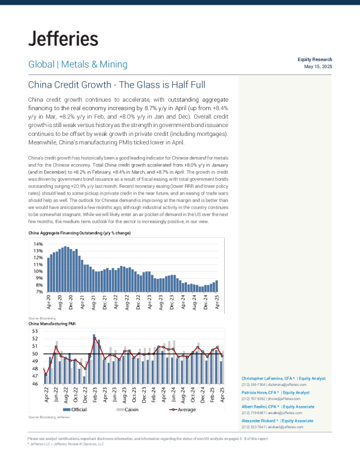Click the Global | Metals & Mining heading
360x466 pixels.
[78, 64]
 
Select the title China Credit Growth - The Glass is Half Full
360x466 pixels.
[116, 85]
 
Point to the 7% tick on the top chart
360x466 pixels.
[38, 292]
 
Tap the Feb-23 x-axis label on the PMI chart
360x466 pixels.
[95, 395]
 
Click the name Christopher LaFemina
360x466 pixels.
[263, 378]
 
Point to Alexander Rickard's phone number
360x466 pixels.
[251, 427]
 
